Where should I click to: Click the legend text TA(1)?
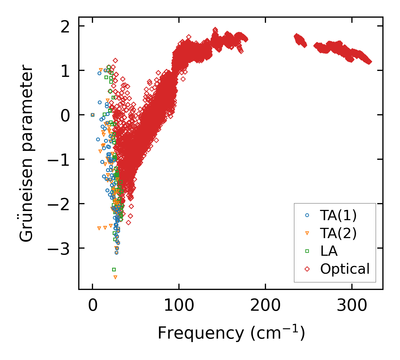(338, 216)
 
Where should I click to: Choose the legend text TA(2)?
(338, 234)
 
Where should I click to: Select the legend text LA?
(329, 251)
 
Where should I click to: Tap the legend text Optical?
(345, 269)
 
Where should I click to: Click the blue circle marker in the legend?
(307, 215)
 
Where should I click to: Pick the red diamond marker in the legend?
(307, 269)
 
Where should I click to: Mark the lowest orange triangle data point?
(115, 277)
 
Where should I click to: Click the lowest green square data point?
(114, 269)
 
